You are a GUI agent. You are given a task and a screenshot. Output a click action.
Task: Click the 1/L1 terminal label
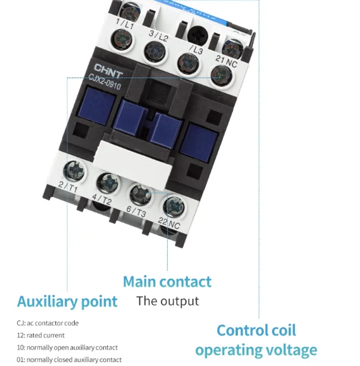click(127, 24)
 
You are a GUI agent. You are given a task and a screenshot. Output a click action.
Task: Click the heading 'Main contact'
click(167, 282)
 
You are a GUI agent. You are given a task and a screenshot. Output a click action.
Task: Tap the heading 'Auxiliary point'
click(67, 302)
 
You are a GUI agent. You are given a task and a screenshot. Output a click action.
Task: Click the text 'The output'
click(167, 302)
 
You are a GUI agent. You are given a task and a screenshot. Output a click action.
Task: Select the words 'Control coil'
click(256, 331)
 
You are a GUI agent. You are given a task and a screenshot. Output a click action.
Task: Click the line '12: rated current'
click(41, 335)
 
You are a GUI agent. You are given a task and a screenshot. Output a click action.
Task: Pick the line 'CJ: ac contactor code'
click(48, 323)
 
